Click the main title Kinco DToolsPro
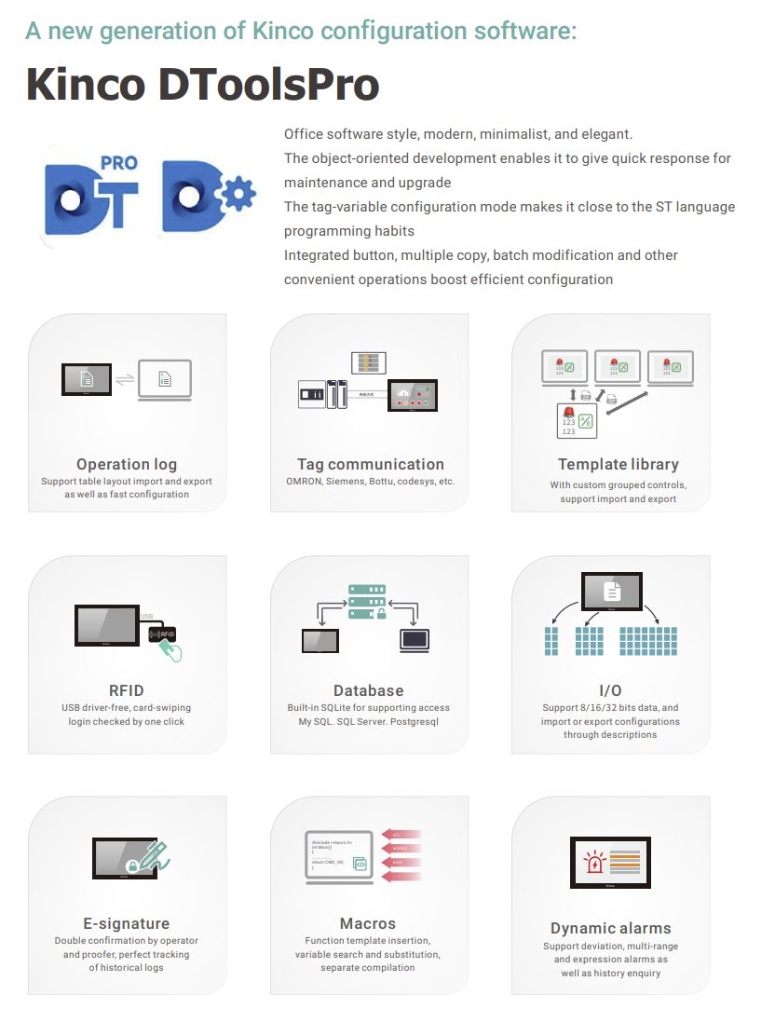click(x=202, y=85)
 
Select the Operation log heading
click(x=127, y=464)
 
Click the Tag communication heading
click(x=370, y=464)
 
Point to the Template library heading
click(x=618, y=464)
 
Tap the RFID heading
click(x=127, y=690)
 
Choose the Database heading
click(x=369, y=690)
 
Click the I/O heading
click(x=610, y=690)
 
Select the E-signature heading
click(x=127, y=923)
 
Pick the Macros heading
click(x=368, y=923)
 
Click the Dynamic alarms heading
click(x=610, y=928)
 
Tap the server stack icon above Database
click(x=366, y=602)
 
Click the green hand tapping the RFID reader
click(x=170, y=649)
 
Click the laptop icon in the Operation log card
click(x=164, y=379)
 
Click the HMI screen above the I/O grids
click(x=611, y=592)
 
